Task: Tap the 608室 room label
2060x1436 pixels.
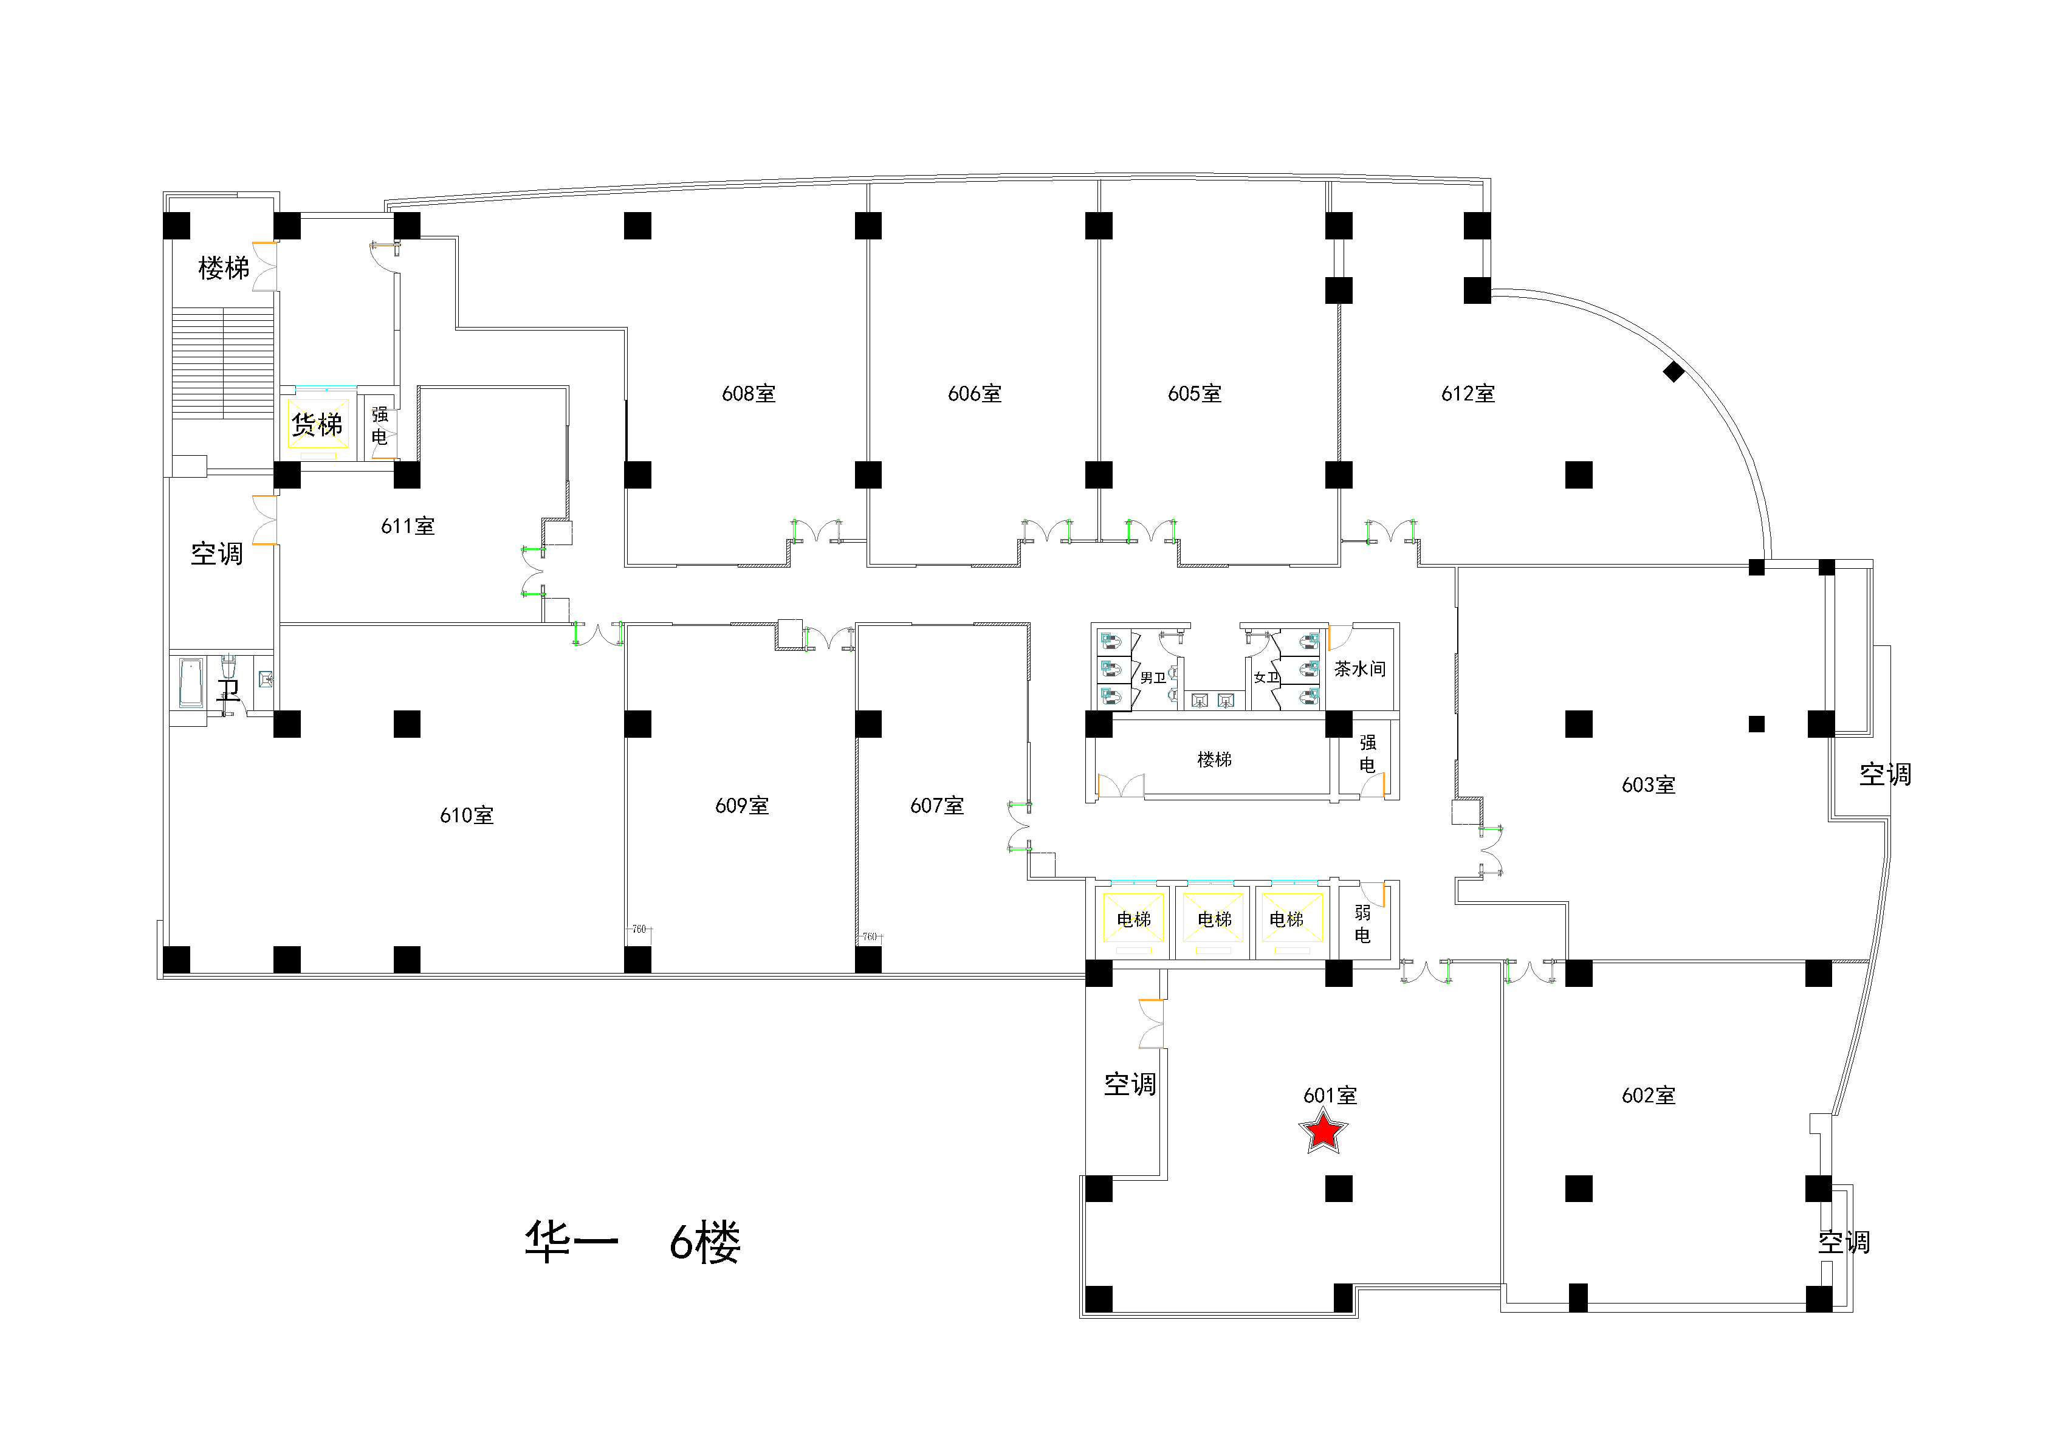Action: (x=748, y=394)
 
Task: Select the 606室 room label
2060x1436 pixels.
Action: (x=974, y=394)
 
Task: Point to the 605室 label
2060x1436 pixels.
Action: (x=1194, y=394)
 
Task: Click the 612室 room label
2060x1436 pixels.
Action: (x=1468, y=394)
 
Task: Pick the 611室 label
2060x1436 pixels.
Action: (x=407, y=527)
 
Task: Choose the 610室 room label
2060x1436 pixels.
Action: (x=467, y=816)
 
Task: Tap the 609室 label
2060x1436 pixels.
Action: (x=742, y=806)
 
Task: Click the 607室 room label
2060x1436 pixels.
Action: (x=936, y=806)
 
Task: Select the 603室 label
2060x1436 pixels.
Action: (x=1648, y=785)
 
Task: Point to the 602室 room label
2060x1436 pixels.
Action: (x=1648, y=1096)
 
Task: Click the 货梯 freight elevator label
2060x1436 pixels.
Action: (x=317, y=425)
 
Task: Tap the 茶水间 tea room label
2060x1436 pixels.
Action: (x=1359, y=670)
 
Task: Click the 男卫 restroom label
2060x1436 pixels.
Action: (x=1153, y=678)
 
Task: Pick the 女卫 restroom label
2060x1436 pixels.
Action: (x=1266, y=678)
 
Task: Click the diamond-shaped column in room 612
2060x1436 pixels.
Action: (x=1674, y=371)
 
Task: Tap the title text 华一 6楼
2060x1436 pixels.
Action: (x=633, y=1243)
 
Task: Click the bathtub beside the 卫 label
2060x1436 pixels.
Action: (x=190, y=683)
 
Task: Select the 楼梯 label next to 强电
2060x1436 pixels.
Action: (x=1214, y=760)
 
